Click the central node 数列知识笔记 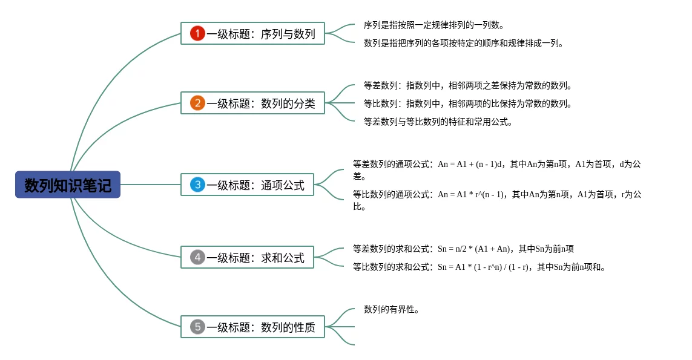(x=68, y=185)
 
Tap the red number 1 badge (x=197, y=33)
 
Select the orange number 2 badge (x=197, y=103)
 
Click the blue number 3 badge (x=197, y=185)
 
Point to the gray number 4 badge (x=197, y=257)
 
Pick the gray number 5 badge (x=197, y=327)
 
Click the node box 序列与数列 (x=252, y=33)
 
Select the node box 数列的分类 (x=252, y=103)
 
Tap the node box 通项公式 (x=247, y=185)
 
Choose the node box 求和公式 (x=247, y=257)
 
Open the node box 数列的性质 (x=252, y=327)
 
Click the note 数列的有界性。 (x=392, y=309)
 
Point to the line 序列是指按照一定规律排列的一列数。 (x=433, y=25)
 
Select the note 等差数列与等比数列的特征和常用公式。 (x=438, y=122)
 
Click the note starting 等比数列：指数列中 (x=467, y=103)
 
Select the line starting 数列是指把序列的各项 (x=463, y=44)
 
